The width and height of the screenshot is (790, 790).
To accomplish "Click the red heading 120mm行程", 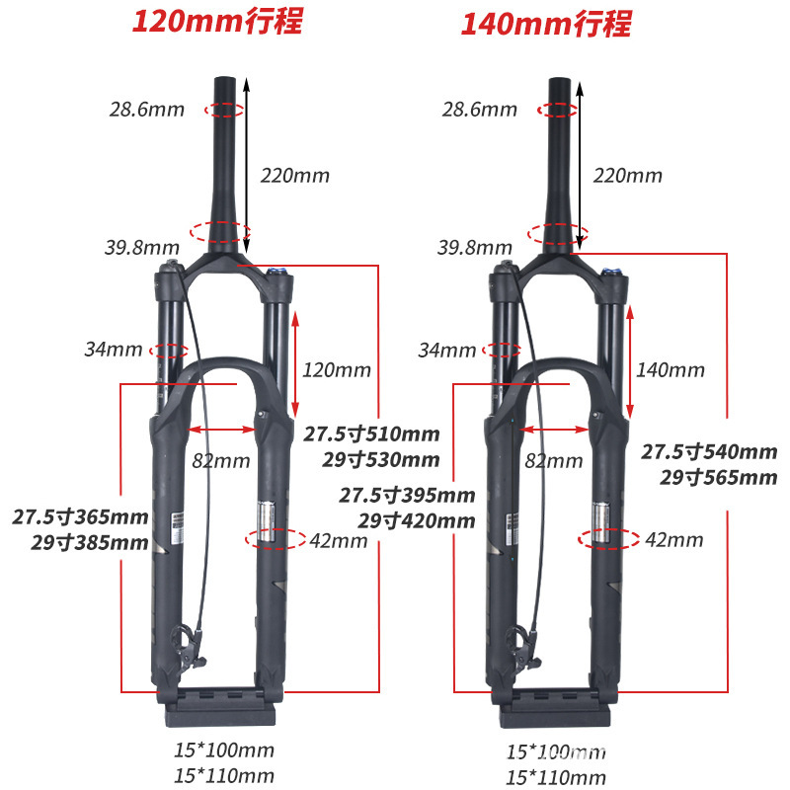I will (x=218, y=22).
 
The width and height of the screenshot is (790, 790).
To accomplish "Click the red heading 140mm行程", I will (x=546, y=22).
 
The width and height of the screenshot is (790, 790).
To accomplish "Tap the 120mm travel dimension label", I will (x=337, y=370).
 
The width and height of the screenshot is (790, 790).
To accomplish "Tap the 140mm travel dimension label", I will (x=671, y=370).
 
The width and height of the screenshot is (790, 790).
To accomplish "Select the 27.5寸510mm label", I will (x=371, y=434).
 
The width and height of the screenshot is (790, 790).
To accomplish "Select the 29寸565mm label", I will (x=718, y=478).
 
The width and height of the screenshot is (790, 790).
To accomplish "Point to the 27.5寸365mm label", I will (x=81, y=517).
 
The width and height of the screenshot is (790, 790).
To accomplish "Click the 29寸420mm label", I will (x=417, y=520).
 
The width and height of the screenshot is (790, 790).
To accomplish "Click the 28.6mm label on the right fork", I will (x=480, y=110).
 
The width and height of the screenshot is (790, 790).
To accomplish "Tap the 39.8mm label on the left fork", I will (x=142, y=246).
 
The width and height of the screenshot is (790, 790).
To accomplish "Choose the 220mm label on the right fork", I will (x=628, y=176).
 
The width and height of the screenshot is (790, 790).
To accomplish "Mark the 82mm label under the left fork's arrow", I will (x=221, y=460).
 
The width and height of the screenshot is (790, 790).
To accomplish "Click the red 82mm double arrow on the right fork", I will (x=556, y=430).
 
